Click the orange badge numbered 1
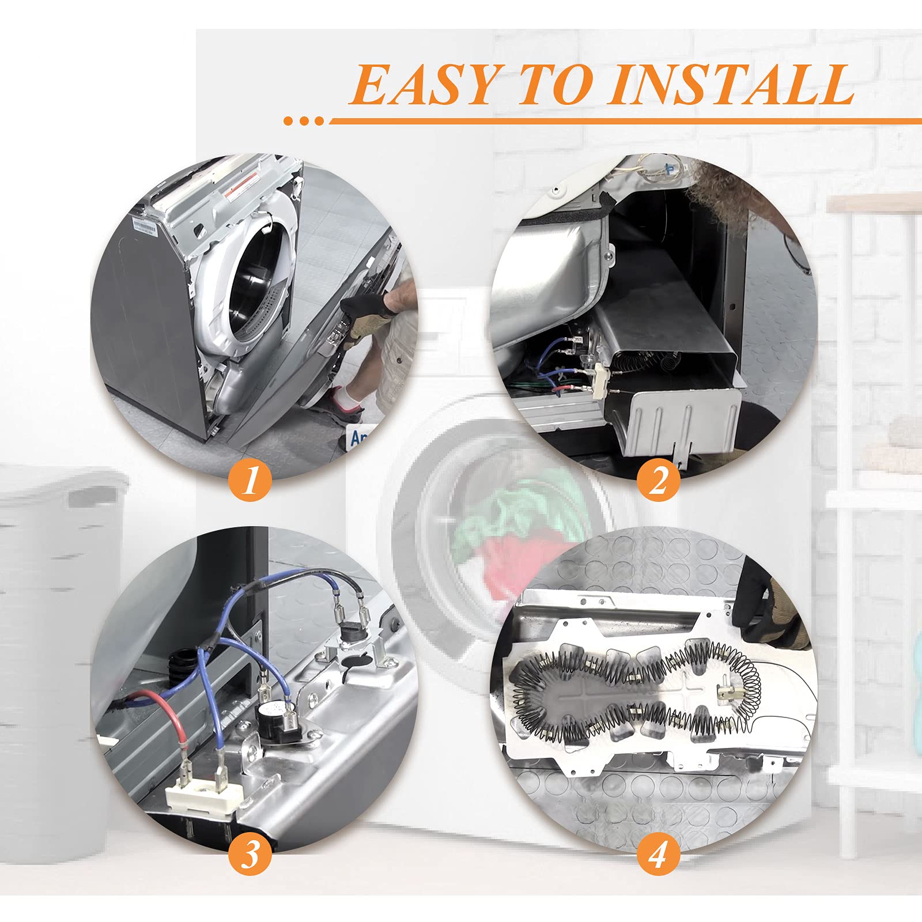[x=250, y=481]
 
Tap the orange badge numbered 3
[x=250, y=854]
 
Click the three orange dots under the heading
[x=304, y=121]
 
